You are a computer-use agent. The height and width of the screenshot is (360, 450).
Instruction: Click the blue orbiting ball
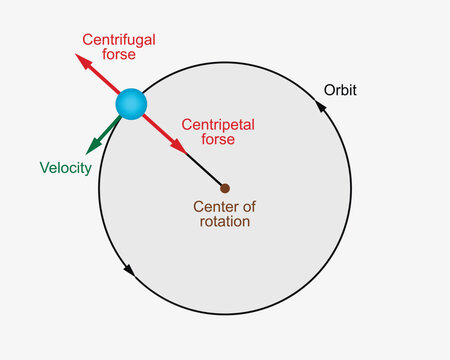[x=131, y=104]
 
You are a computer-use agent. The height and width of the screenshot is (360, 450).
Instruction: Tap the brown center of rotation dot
[x=225, y=188]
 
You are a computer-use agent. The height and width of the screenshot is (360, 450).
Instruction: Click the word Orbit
[x=340, y=90]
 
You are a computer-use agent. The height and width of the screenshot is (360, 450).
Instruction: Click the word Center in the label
[x=212, y=207]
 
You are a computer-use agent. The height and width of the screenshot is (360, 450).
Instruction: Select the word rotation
[x=222, y=221]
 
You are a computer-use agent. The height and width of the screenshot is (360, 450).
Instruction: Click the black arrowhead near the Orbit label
[x=322, y=103]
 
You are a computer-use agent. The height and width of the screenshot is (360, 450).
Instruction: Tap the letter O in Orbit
[x=329, y=90]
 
